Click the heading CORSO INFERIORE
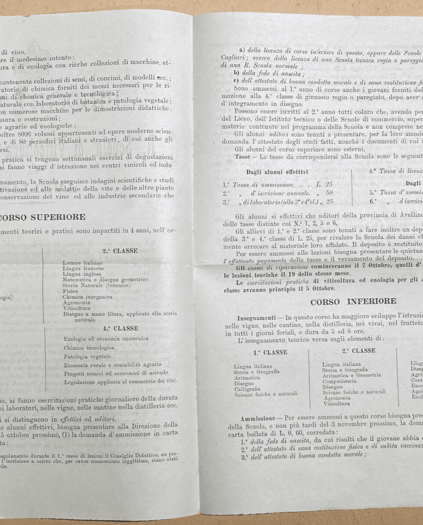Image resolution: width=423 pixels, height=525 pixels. [x=353, y=301]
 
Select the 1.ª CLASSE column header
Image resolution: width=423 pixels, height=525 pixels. [x=269, y=352]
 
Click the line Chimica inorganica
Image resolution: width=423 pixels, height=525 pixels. [x=88, y=297]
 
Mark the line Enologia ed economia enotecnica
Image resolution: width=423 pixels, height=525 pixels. [x=106, y=338]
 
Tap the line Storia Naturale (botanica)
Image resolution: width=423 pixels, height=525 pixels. [x=97, y=285]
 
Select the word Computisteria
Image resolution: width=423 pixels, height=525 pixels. [x=339, y=381]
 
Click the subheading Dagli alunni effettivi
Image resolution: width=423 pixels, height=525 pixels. [x=277, y=172]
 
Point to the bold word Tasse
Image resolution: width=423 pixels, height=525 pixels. [x=242, y=156]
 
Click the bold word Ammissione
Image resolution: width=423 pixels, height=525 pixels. [x=257, y=418]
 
